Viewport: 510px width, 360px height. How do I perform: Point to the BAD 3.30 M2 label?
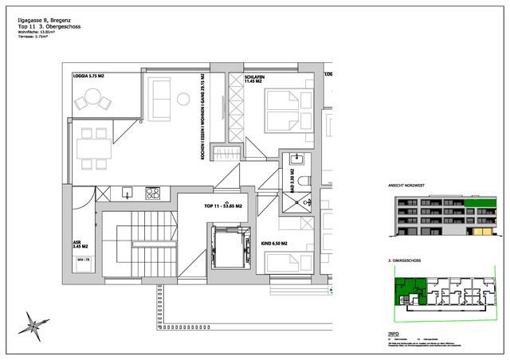pos(293,181)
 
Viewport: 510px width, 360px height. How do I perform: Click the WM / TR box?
pos(82,260)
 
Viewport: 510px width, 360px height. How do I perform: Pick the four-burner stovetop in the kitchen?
pos(152,192)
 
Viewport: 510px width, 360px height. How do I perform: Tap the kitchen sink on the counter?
pos(126,192)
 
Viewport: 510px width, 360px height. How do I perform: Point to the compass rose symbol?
pos(35,323)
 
